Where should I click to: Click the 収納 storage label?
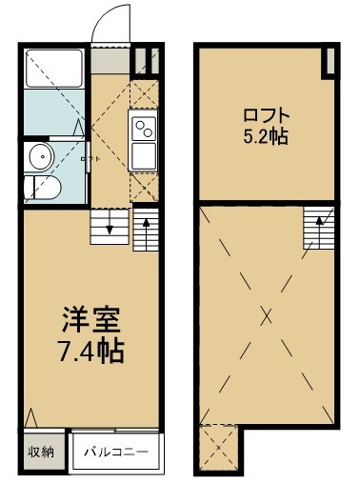[x=40, y=452]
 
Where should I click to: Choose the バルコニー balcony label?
[x=116, y=453]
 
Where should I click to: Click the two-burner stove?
[x=145, y=127]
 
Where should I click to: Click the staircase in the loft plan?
[x=321, y=227]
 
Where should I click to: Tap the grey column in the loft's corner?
[x=329, y=60]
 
